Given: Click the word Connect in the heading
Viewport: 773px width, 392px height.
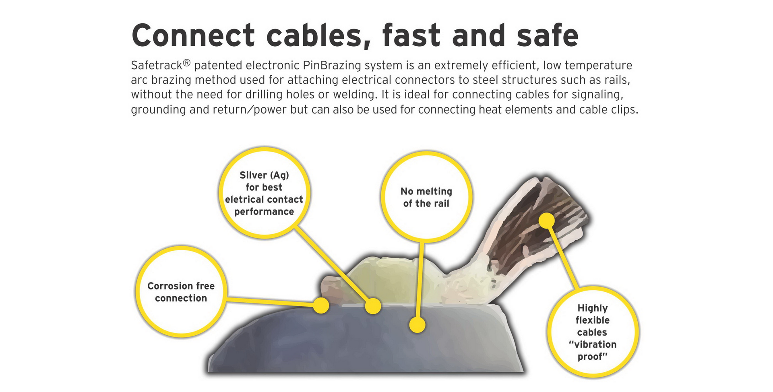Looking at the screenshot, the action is [x=193, y=35].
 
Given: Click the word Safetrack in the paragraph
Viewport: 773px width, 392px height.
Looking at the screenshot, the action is [x=157, y=65].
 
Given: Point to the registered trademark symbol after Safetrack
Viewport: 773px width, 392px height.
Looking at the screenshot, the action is [x=186, y=62].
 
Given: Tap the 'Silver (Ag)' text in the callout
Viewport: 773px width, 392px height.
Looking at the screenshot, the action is [x=264, y=175].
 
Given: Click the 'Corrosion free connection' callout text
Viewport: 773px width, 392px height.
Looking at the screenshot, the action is [x=181, y=292].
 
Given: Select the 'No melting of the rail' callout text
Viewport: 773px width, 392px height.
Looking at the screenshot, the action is [x=426, y=197].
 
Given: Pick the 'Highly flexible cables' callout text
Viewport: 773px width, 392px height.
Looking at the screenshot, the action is [x=592, y=320].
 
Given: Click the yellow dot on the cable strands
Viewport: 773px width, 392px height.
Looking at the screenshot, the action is [x=546, y=221].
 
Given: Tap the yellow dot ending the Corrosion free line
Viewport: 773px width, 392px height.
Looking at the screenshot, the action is [x=321, y=305].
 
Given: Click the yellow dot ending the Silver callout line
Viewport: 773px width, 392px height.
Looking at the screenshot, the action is [x=373, y=306].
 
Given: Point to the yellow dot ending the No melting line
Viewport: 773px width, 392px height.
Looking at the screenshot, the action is [x=417, y=325].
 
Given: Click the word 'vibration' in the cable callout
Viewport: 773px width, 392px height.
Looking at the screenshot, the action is [x=595, y=345].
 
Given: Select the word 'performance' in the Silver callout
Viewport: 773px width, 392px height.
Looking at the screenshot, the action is [x=264, y=212].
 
